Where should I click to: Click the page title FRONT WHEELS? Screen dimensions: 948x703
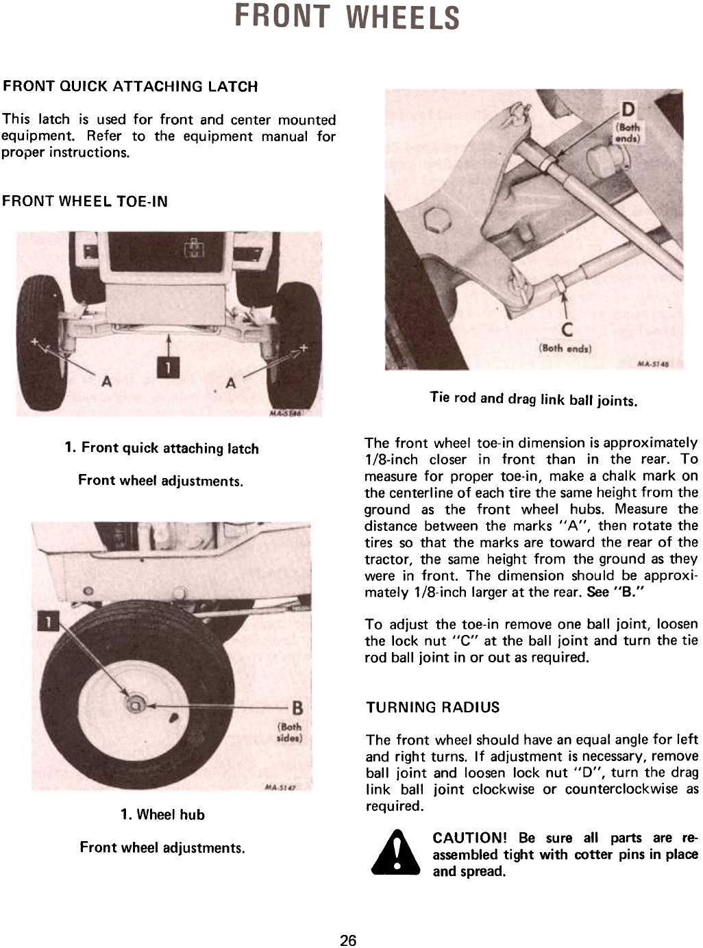tap(347, 18)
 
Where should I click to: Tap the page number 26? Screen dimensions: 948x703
tap(349, 940)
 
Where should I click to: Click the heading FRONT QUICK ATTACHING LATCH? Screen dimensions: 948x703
tap(130, 87)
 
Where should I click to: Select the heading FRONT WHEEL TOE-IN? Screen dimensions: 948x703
tap(85, 201)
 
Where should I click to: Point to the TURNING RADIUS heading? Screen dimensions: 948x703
tap(432, 708)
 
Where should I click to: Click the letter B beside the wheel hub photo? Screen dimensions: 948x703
tap(297, 707)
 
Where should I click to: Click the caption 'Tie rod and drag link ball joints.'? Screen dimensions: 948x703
tap(534, 399)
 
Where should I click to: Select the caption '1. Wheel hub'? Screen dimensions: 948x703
tap(162, 814)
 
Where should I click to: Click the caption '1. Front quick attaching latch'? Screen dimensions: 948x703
tap(162, 449)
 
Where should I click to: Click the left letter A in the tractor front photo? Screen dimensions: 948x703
tap(106, 382)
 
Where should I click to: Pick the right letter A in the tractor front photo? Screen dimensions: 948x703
tap(231, 383)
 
